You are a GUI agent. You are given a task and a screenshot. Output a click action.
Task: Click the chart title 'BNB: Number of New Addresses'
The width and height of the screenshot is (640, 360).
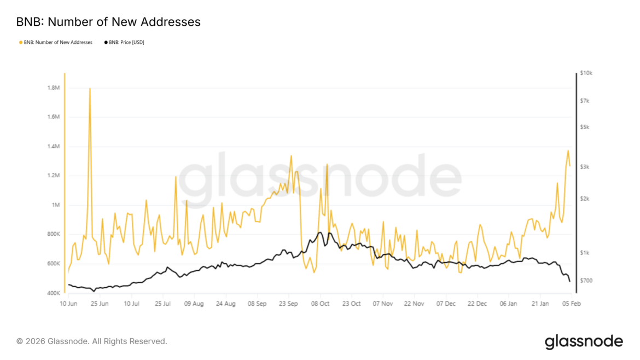point(108,22)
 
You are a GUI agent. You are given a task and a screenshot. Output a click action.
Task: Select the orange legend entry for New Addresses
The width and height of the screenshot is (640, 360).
point(56,42)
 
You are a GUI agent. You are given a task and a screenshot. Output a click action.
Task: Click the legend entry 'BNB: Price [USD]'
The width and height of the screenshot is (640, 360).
point(124,42)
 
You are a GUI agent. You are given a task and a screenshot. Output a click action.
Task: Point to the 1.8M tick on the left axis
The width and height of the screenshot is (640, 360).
point(53,88)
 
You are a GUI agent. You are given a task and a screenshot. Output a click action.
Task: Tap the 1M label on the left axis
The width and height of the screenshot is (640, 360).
point(55,205)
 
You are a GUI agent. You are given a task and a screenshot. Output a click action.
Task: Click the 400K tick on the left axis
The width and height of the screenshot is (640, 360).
point(53,293)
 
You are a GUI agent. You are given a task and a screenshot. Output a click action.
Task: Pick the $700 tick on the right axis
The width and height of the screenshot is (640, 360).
point(586,281)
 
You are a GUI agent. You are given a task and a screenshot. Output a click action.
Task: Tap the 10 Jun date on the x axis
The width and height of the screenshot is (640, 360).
point(68,303)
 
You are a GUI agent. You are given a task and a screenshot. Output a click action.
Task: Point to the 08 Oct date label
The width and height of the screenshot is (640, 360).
point(320,303)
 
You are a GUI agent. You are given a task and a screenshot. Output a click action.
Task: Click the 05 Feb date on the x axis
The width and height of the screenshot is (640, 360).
point(571,303)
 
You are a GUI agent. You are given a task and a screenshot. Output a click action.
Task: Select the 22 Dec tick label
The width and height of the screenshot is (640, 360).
point(478,303)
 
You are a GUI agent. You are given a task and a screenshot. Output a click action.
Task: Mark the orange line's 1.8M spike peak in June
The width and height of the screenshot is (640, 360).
point(90,88)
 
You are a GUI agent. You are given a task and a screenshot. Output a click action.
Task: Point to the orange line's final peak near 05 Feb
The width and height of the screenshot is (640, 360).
point(568,150)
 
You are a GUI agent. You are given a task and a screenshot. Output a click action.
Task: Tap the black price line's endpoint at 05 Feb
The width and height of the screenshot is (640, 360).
point(570,281)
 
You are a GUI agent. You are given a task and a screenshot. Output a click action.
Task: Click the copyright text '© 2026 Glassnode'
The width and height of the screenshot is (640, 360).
point(91,341)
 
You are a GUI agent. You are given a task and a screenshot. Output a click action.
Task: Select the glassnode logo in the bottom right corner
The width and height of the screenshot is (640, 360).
point(583,341)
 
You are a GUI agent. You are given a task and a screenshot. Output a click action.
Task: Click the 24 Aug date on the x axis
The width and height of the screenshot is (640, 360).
point(225,303)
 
